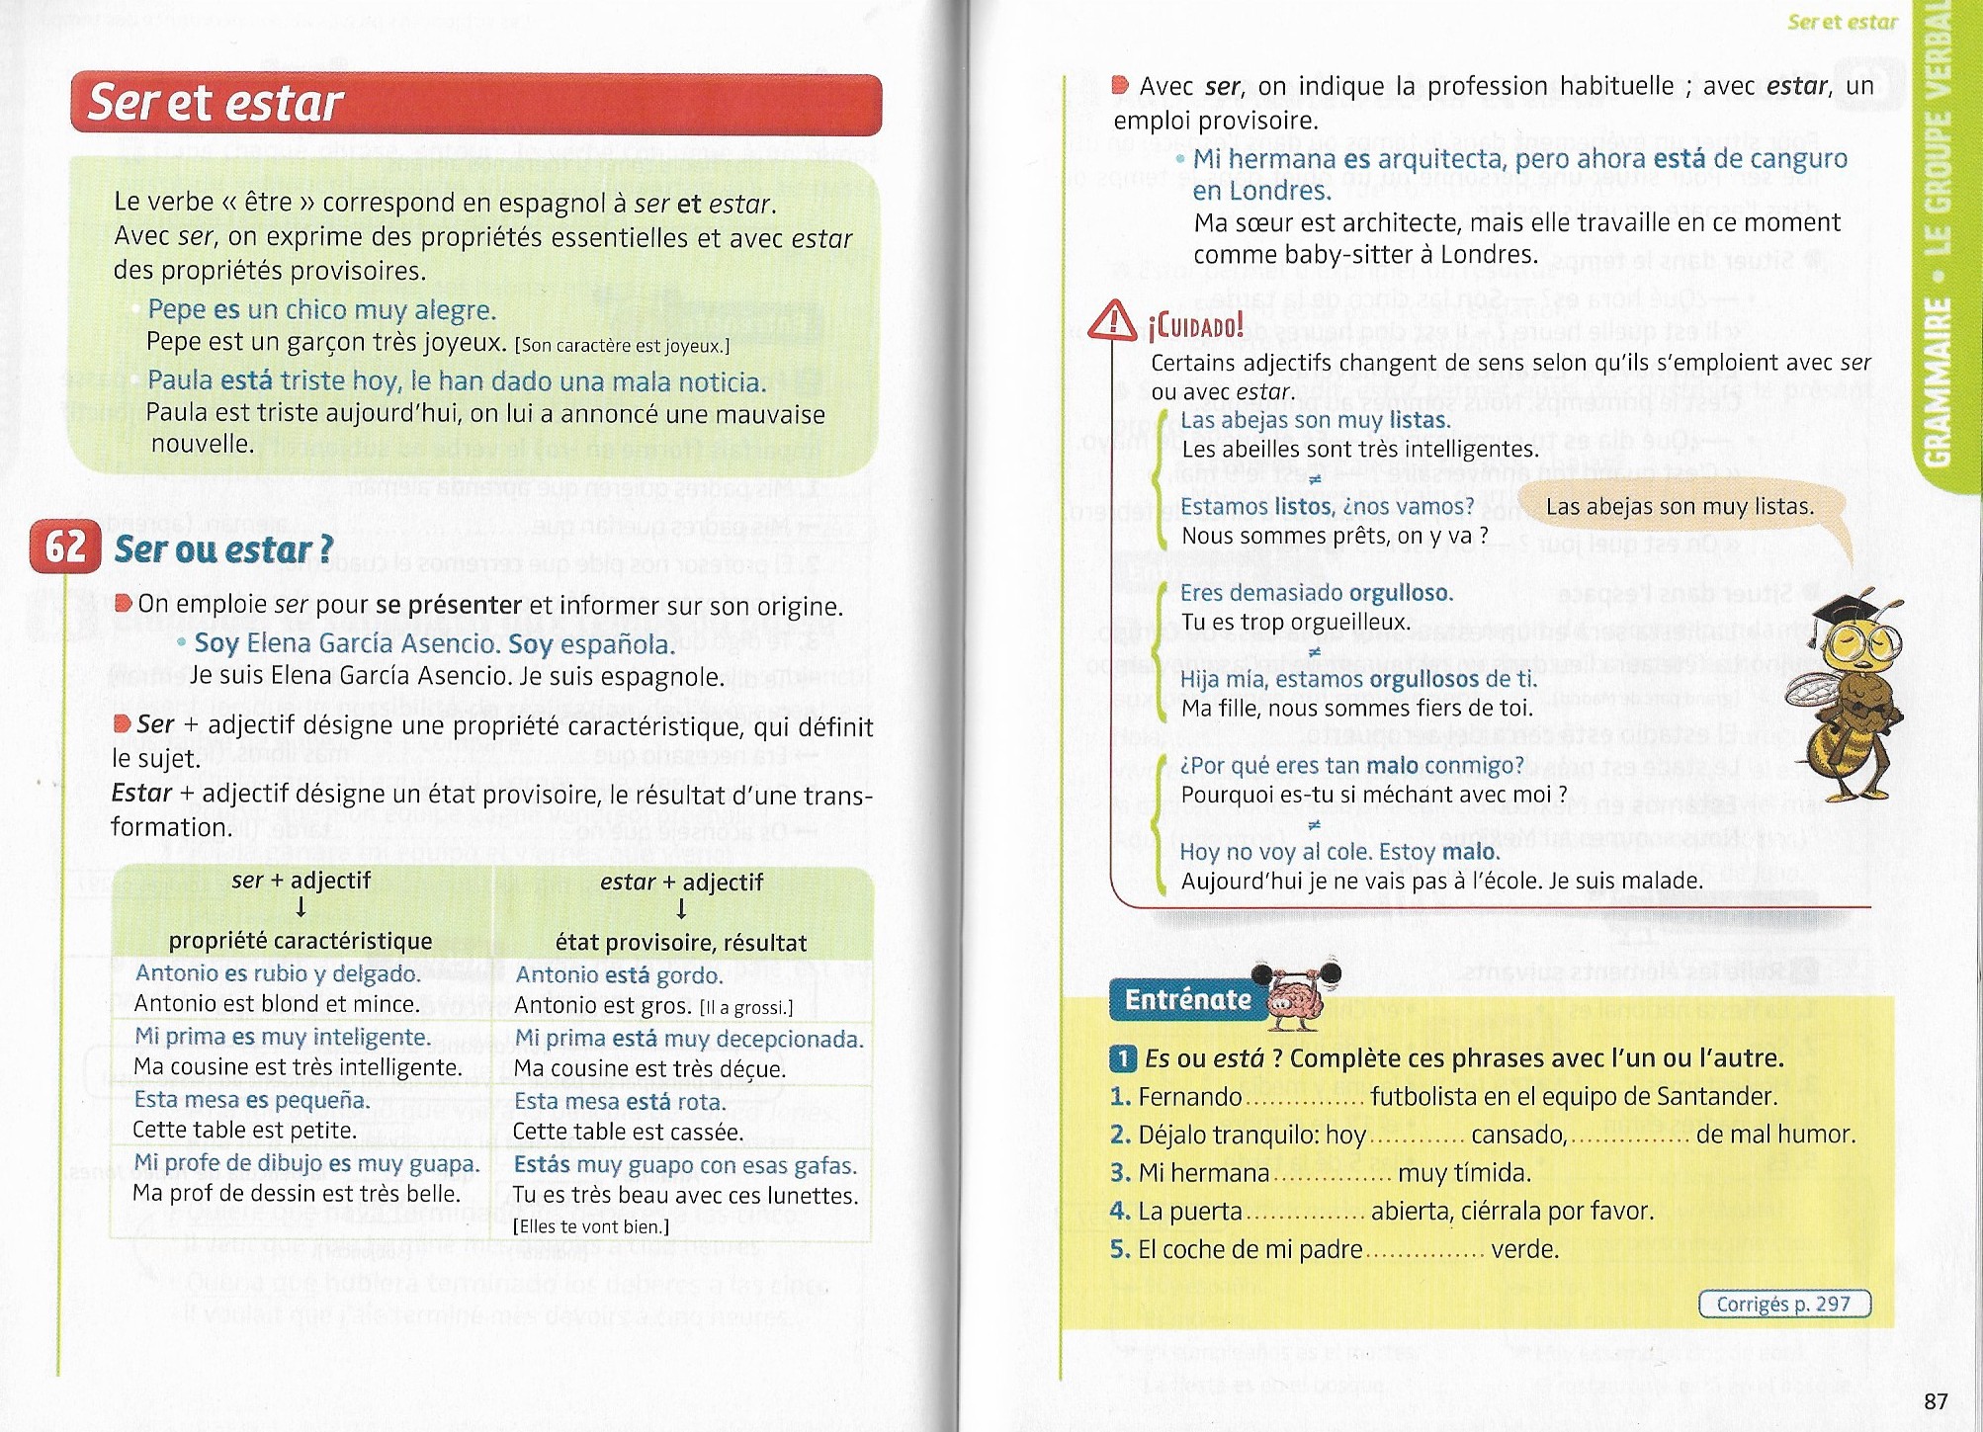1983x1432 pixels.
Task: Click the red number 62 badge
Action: tap(65, 547)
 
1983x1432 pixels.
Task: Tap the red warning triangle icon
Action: tap(1112, 320)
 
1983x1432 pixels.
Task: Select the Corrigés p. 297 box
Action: tap(1783, 1304)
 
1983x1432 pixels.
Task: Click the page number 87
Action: tap(1936, 1401)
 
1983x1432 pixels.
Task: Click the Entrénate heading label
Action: tap(1187, 999)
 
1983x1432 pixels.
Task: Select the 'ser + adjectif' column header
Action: tap(301, 880)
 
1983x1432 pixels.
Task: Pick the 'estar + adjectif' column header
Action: tap(681, 882)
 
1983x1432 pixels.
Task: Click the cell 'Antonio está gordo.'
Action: tap(619, 974)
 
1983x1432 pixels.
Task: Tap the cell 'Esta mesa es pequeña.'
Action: tap(251, 1100)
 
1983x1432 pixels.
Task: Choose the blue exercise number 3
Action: tap(1119, 1173)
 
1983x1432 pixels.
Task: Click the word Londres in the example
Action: tap(1261, 191)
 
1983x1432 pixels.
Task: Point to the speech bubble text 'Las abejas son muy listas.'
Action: tap(1680, 507)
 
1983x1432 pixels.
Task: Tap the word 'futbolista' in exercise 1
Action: tap(1421, 1097)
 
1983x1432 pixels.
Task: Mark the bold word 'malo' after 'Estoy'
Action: tap(1470, 852)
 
